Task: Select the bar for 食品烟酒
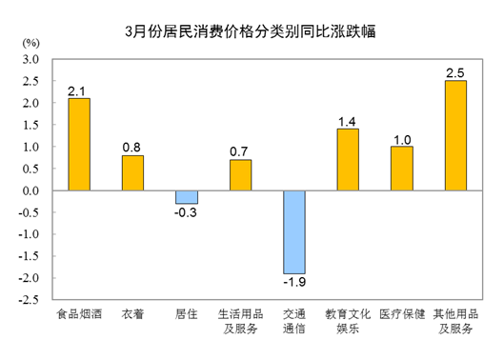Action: (78, 145)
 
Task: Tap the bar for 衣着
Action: (132, 173)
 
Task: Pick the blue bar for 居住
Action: (187, 197)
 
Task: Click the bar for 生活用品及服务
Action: (240, 175)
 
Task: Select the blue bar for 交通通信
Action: (294, 232)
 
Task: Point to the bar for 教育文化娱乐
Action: (348, 160)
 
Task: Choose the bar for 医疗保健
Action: (402, 169)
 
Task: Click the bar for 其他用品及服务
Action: (455, 135)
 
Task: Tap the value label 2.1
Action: (78, 90)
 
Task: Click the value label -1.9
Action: (294, 283)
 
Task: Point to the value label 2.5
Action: (455, 72)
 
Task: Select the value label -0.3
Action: (187, 212)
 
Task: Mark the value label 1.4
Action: (348, 121)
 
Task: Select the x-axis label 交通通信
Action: (294, 321)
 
